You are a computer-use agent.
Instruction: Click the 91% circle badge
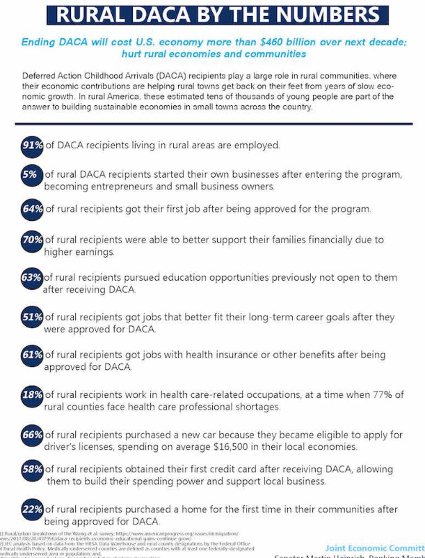coord(31,145)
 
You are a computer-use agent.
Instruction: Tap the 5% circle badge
coord(31,176)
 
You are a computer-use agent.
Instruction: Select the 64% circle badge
coord(31,208)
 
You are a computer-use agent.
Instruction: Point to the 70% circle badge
coord(31,240)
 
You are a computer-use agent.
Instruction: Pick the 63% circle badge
coord(31,277)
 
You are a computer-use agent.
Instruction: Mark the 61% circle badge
coord(31,355)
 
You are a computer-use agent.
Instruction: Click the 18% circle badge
coord(31,395)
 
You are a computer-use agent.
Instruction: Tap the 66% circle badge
coord(31,435)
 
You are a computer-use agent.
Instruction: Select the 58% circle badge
coord(31,469)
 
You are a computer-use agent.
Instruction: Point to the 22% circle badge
coord(31,509)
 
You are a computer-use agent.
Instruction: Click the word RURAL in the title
coord(93,15)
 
